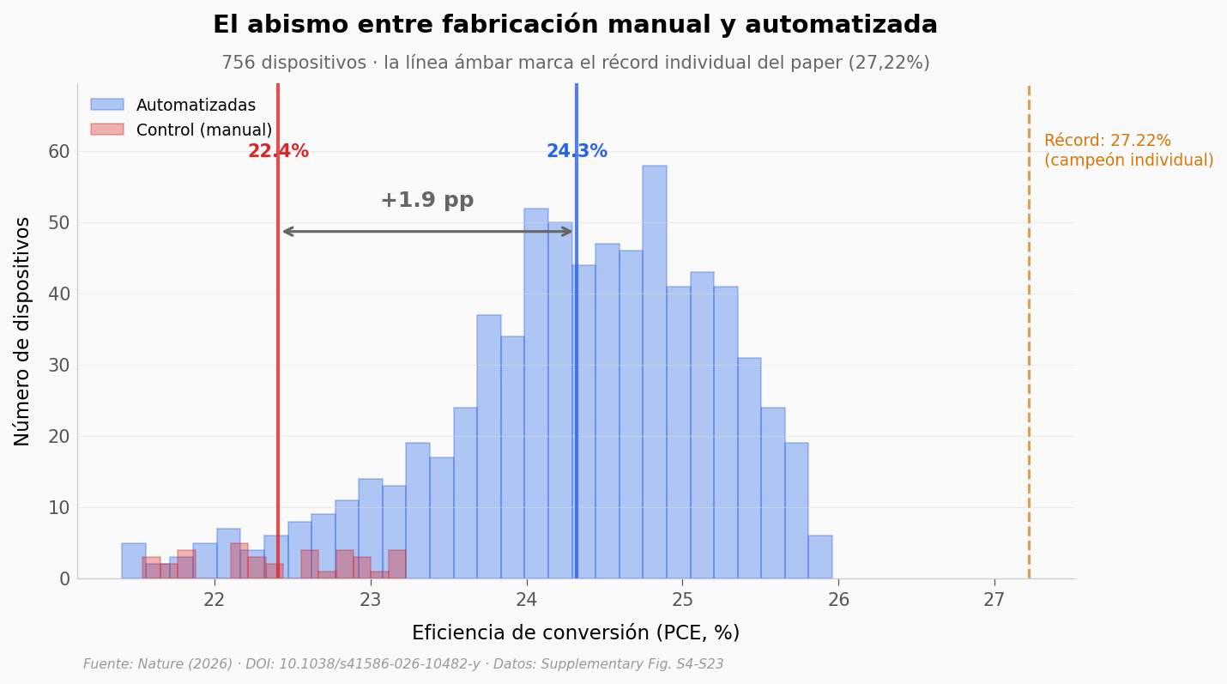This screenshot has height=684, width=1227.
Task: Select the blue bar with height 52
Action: point(535,395)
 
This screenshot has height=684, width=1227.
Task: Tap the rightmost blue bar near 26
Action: point(819,558)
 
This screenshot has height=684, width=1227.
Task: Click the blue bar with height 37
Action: point(488,446)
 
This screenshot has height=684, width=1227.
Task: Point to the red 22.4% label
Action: point(278,152)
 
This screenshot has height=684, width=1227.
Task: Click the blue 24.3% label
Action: point(577,152)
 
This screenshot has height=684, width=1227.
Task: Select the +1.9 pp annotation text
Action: point(426,201)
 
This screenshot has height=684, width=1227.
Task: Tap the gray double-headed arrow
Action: point(426,231)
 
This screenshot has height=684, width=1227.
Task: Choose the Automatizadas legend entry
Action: point(196,106)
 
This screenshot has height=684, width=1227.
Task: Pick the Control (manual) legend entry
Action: point(203,130)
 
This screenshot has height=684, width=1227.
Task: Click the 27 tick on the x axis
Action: point(994,600)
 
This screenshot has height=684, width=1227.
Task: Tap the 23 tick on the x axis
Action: point(370,600)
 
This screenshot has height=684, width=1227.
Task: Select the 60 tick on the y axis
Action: point(59,151)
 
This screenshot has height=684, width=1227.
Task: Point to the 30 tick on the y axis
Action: point(59,365)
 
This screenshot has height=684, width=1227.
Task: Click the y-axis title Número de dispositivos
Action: point(23,330)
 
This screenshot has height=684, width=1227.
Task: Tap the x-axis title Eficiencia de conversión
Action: point(575,633)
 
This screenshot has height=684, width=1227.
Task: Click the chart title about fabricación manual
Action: point(575,25)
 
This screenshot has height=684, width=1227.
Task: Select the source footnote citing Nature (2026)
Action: point(403,664)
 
